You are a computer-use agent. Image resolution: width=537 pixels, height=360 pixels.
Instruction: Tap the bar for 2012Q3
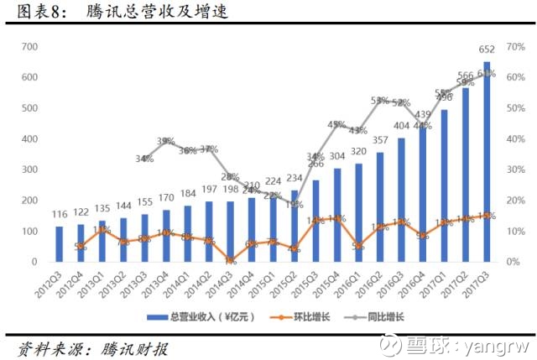click(60, 244)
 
